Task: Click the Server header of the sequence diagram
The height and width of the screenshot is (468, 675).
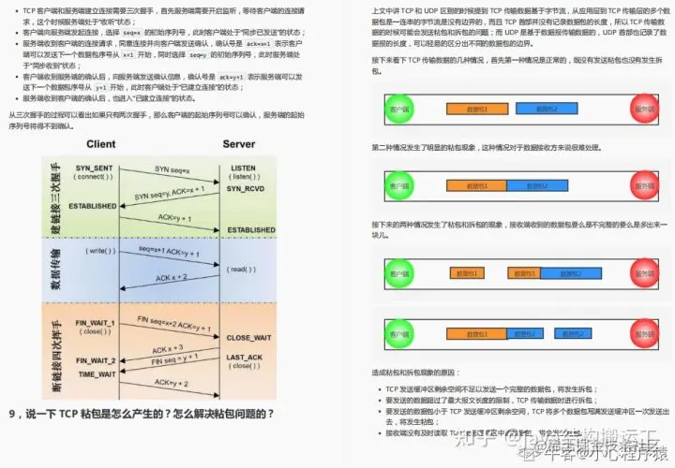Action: coord(238,144)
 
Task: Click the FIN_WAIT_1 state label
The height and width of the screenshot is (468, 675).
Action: coord(96,323)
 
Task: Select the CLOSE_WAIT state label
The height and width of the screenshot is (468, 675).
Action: coord(250,337)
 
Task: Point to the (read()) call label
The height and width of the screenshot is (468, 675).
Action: coord(241,270)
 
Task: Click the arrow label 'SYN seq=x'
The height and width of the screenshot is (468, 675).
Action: coord(174,168)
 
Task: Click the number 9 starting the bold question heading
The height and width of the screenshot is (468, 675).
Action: coord(12,414)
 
